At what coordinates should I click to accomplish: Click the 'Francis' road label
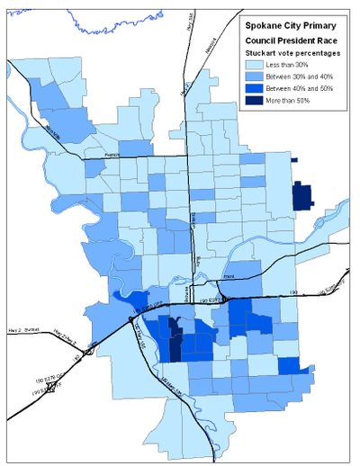coord(112,156)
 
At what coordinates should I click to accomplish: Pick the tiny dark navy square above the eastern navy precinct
coord(294,159)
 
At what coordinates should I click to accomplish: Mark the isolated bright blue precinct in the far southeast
coord(289,366)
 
